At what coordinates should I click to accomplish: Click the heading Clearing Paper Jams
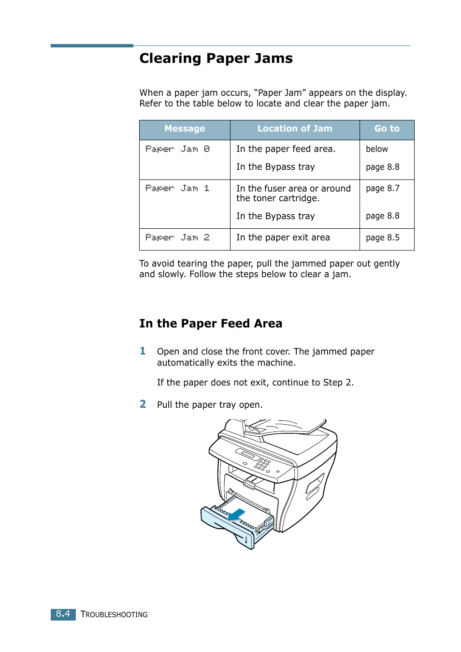pyautogui.click(x=216, y=59)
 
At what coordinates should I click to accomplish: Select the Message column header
pyautogui.click(x=185, y=129)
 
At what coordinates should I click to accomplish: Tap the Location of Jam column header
pyautogui.click(x=294, y=129)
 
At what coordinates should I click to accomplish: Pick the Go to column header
pyautogui.click(x=387, y=129)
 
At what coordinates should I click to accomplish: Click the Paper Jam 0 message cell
pyautogui.click(x=177, y=149)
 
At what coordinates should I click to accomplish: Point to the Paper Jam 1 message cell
pyautogui.click(x=177, y=188)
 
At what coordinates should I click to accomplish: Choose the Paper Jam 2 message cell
pyautogui.click(x=177, y=237)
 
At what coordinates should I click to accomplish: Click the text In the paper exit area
pyautogui.click(x=283, y=237)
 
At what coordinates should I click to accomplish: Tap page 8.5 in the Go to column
pyautogui.click(x=382, y=237)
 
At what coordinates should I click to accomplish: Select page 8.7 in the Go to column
pyautogui.click(x=382, y=188)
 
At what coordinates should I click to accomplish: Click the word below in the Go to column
pyautogui.click(x=376, y=149)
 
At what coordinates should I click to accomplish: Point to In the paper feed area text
pyautogui.click(x=286, y=149)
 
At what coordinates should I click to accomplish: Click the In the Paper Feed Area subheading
pyautogui.click(x=211, y=324)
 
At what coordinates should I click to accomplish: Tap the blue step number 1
pyautogui.click(x=143, y=351)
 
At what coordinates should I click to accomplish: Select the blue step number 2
pyautogui.click(x=143, y=404)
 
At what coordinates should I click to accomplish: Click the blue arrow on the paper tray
pyautogui.click(x=236, y=515)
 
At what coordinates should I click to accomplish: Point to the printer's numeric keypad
pyautogui.click(x=263, y=464)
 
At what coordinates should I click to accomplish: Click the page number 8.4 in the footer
pyautogui.click(x=63, y=614)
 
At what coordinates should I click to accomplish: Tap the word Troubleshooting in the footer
pyautogui.click(x=114, y=614)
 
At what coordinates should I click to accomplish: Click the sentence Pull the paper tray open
pyautogui.click(x=210, y=405)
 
